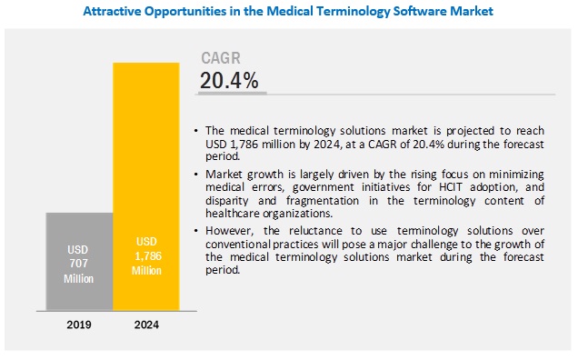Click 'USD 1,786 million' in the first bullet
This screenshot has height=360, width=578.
pyautogui.click(x=254, y=145)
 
